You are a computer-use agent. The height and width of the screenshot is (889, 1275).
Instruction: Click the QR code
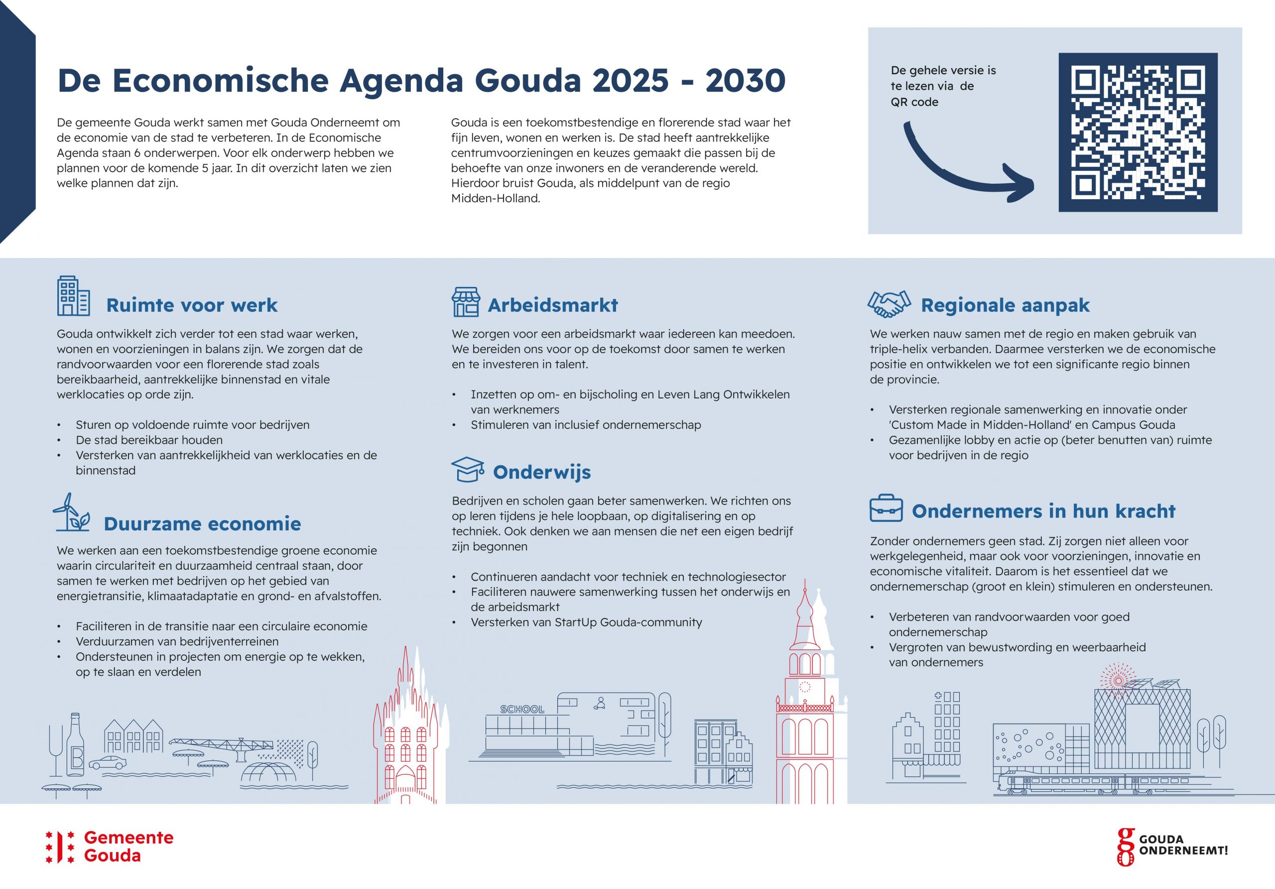(1138, 132)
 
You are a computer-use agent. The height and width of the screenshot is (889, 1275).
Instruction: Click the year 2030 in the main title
(745, 81)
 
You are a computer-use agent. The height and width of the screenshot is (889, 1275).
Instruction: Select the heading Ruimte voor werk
(192, 305)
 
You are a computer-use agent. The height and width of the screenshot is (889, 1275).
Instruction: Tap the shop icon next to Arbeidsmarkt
(465, 302)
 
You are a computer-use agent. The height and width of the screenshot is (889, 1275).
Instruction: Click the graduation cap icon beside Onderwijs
(468, 469)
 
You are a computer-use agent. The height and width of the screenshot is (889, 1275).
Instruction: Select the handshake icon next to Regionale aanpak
(889, 304)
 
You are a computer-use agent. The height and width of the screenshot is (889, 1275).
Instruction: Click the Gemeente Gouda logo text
(128, 846)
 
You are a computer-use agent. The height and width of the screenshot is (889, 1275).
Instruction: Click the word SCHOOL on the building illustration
(522, 709)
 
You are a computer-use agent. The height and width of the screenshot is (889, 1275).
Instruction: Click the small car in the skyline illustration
(107, 762)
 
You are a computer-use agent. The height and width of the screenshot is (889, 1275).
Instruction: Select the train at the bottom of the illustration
(1063, 783)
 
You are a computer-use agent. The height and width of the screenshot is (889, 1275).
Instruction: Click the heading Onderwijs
(542, 472)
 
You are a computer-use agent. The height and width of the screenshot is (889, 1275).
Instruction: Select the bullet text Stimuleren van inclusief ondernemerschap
(586, 425)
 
